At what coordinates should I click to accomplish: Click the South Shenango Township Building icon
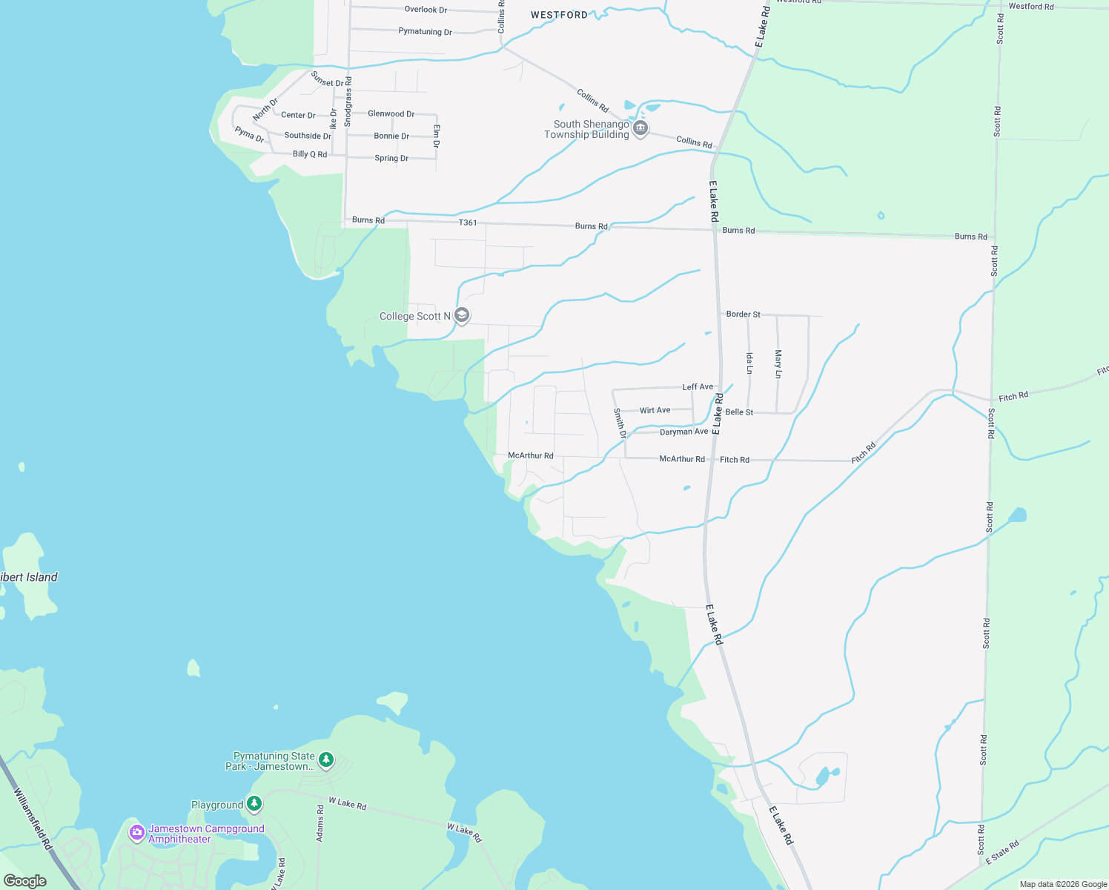pos(641,129)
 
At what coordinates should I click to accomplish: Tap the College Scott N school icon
pos(462,316)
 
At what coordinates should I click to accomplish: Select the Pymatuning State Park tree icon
pos(326,760)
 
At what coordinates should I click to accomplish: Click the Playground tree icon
pos(254,804)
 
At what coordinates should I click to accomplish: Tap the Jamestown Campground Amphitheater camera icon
pos(136,833)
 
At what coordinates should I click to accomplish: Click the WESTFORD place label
pos(559,15)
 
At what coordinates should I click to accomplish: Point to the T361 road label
pos(468,222)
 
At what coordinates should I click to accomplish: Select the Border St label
pos(743,314)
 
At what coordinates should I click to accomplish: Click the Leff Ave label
pos(698,387)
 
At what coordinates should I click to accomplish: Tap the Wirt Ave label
pos(655,410)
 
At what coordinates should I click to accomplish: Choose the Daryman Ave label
pos(683,432)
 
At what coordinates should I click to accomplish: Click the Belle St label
pos(739,412)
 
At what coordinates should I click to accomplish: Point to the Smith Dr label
pos(620,423)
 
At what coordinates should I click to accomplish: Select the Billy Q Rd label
pos(310,154)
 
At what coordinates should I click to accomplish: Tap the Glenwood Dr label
pos(391,113)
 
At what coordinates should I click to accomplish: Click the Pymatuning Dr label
pos(425,32)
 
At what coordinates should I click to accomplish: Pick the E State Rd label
pos(1002,852)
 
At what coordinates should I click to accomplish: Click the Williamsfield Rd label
pos(33,818)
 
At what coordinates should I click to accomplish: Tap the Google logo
pos(25,881)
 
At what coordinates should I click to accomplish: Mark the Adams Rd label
pos(320,823)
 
